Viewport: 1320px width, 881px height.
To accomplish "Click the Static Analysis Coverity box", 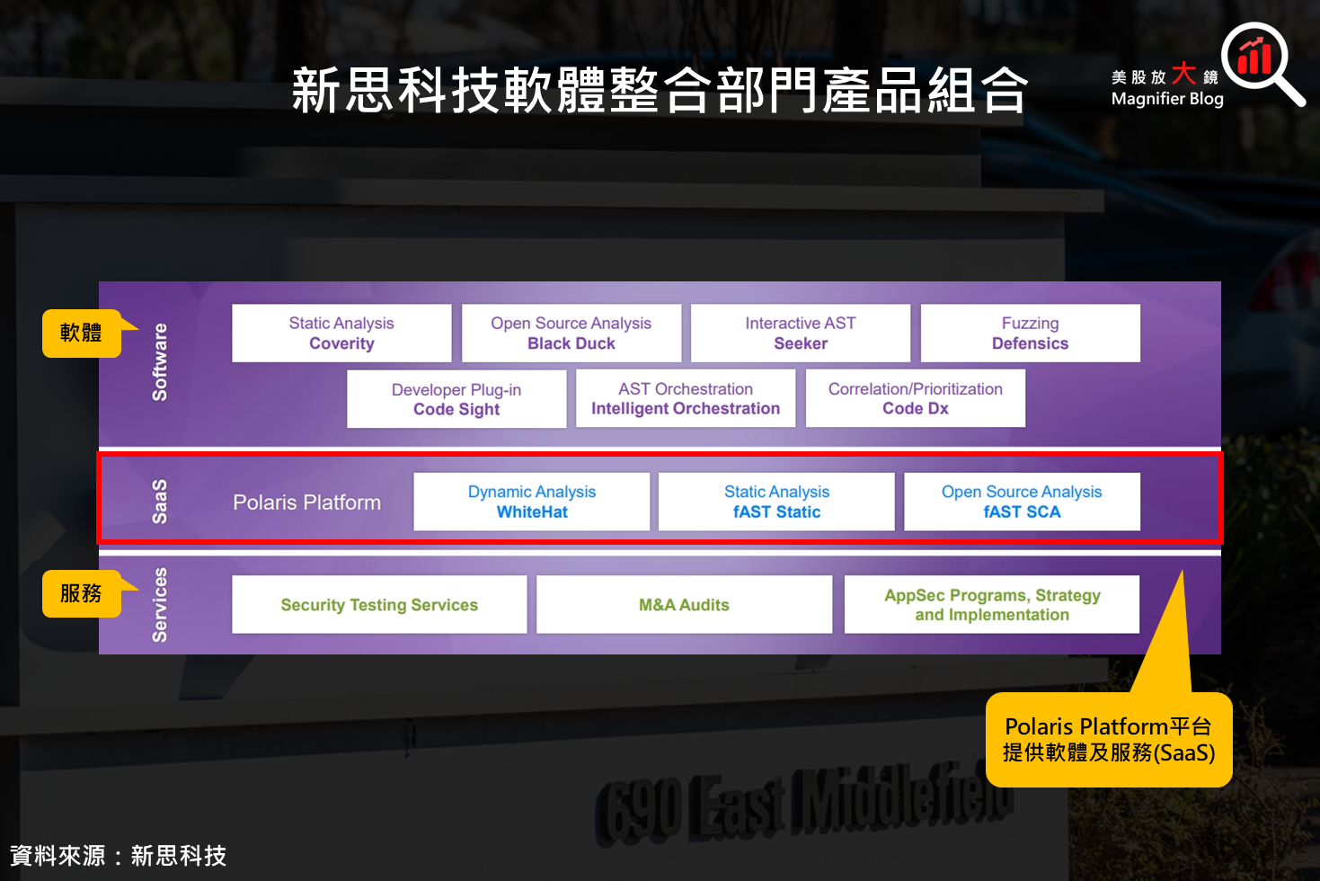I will coord(341,334).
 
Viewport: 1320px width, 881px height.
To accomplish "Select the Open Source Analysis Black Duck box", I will coord(571,334).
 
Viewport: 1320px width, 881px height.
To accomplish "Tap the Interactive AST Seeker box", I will coord(801,334).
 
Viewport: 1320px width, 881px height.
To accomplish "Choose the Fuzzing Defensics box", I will coord(1030,334).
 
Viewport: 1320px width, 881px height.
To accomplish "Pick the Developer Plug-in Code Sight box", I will coord(456,399).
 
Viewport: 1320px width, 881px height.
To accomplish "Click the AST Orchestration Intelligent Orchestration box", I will coord(686,398).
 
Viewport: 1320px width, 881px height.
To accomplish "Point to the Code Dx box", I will coord(915,398).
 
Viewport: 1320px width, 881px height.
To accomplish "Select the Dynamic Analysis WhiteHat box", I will coord(532,502).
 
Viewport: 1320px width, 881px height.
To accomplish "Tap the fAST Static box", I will coord(776,502).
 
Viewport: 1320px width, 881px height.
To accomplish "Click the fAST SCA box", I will coord(1022,502).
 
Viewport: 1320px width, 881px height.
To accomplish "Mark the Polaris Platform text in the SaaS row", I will coord(306,503).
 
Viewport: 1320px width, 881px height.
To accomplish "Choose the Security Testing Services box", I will coord(379,605).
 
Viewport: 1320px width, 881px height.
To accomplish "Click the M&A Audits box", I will coord(684,605).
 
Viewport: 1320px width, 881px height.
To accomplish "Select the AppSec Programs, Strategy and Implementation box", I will coord(992,605).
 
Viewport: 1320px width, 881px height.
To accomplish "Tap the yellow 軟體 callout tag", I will coord(82,333).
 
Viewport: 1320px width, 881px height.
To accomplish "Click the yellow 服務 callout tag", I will coord(82,593).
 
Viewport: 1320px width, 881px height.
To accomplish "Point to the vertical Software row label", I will coord(160,362).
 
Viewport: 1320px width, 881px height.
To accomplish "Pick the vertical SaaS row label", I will coord(160,502).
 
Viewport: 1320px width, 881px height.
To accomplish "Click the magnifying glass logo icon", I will coord(1260,62).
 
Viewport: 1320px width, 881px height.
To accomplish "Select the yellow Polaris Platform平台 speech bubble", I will coord(1109,740).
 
